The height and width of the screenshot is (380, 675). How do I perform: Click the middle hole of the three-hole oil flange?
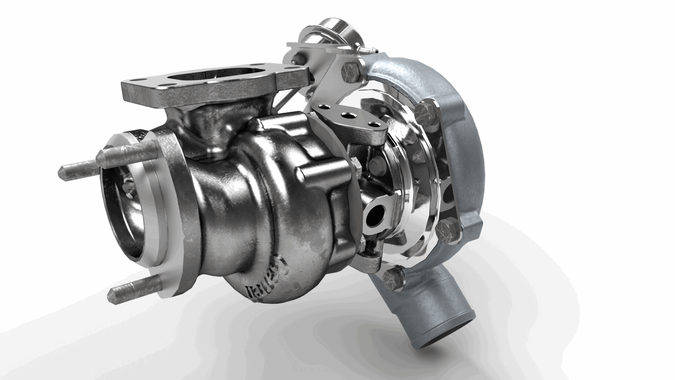(x=348, y=115)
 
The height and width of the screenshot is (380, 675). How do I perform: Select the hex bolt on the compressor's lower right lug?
(x=446, y=231)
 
